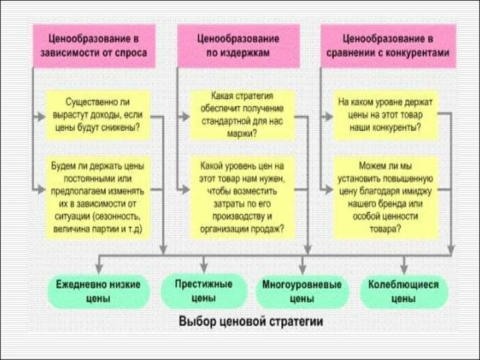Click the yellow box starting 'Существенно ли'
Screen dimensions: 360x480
[x=98, y=114]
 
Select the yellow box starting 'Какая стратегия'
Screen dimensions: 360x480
[x=242, y=114]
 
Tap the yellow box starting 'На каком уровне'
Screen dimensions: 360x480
[x=385, y=114]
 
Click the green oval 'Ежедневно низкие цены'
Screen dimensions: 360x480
[x=98, y=291]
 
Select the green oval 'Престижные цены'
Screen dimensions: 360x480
[x=203, y=291]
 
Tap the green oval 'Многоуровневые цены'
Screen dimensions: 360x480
[x=302, y=291]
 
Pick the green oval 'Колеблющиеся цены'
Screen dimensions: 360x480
[x=404, y=291]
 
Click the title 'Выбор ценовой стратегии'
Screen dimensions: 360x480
[x=251, y=322]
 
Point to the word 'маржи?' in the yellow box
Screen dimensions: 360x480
[x=242, y=133]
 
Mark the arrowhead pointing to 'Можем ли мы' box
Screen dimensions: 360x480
[x=328, y=189]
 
